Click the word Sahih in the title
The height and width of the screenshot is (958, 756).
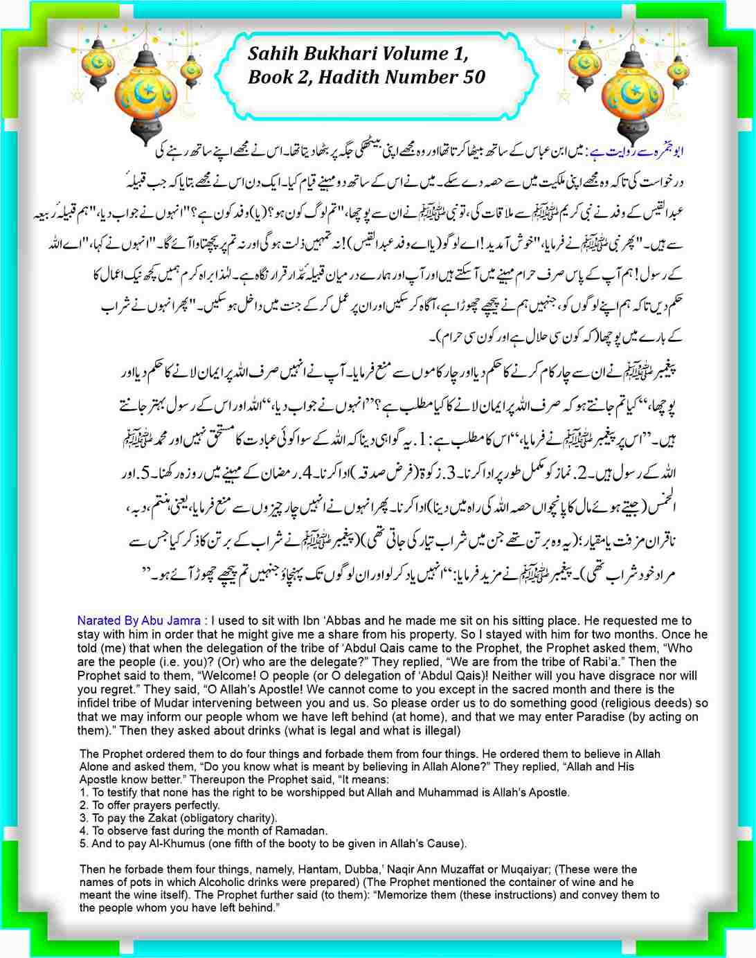coord(271,54)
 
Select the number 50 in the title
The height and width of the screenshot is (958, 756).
coord(471,77)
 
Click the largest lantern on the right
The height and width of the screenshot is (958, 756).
coord(631,97)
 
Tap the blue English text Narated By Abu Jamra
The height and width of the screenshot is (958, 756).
coord(139,621)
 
